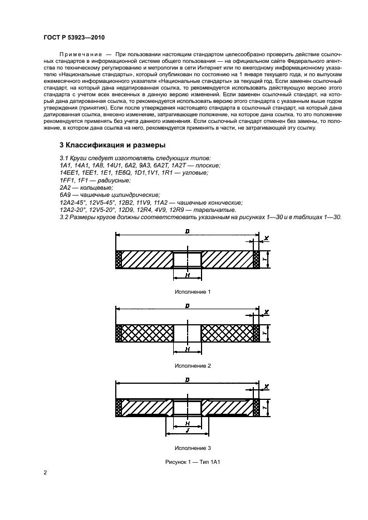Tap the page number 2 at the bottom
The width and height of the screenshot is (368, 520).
(45, 473)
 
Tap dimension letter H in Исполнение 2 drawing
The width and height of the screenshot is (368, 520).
(187, 349)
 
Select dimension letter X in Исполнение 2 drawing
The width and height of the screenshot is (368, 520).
(267, 313)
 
